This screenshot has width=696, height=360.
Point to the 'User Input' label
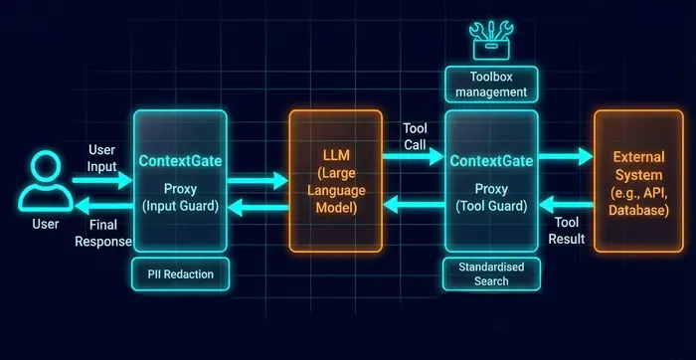point(102,156)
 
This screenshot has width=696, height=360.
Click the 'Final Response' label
point(102,234)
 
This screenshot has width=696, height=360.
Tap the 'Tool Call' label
point(416,135)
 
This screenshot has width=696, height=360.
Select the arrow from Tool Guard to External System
point(567,157)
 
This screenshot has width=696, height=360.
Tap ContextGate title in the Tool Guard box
point(490,161)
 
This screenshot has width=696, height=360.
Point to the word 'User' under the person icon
point(41,226)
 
